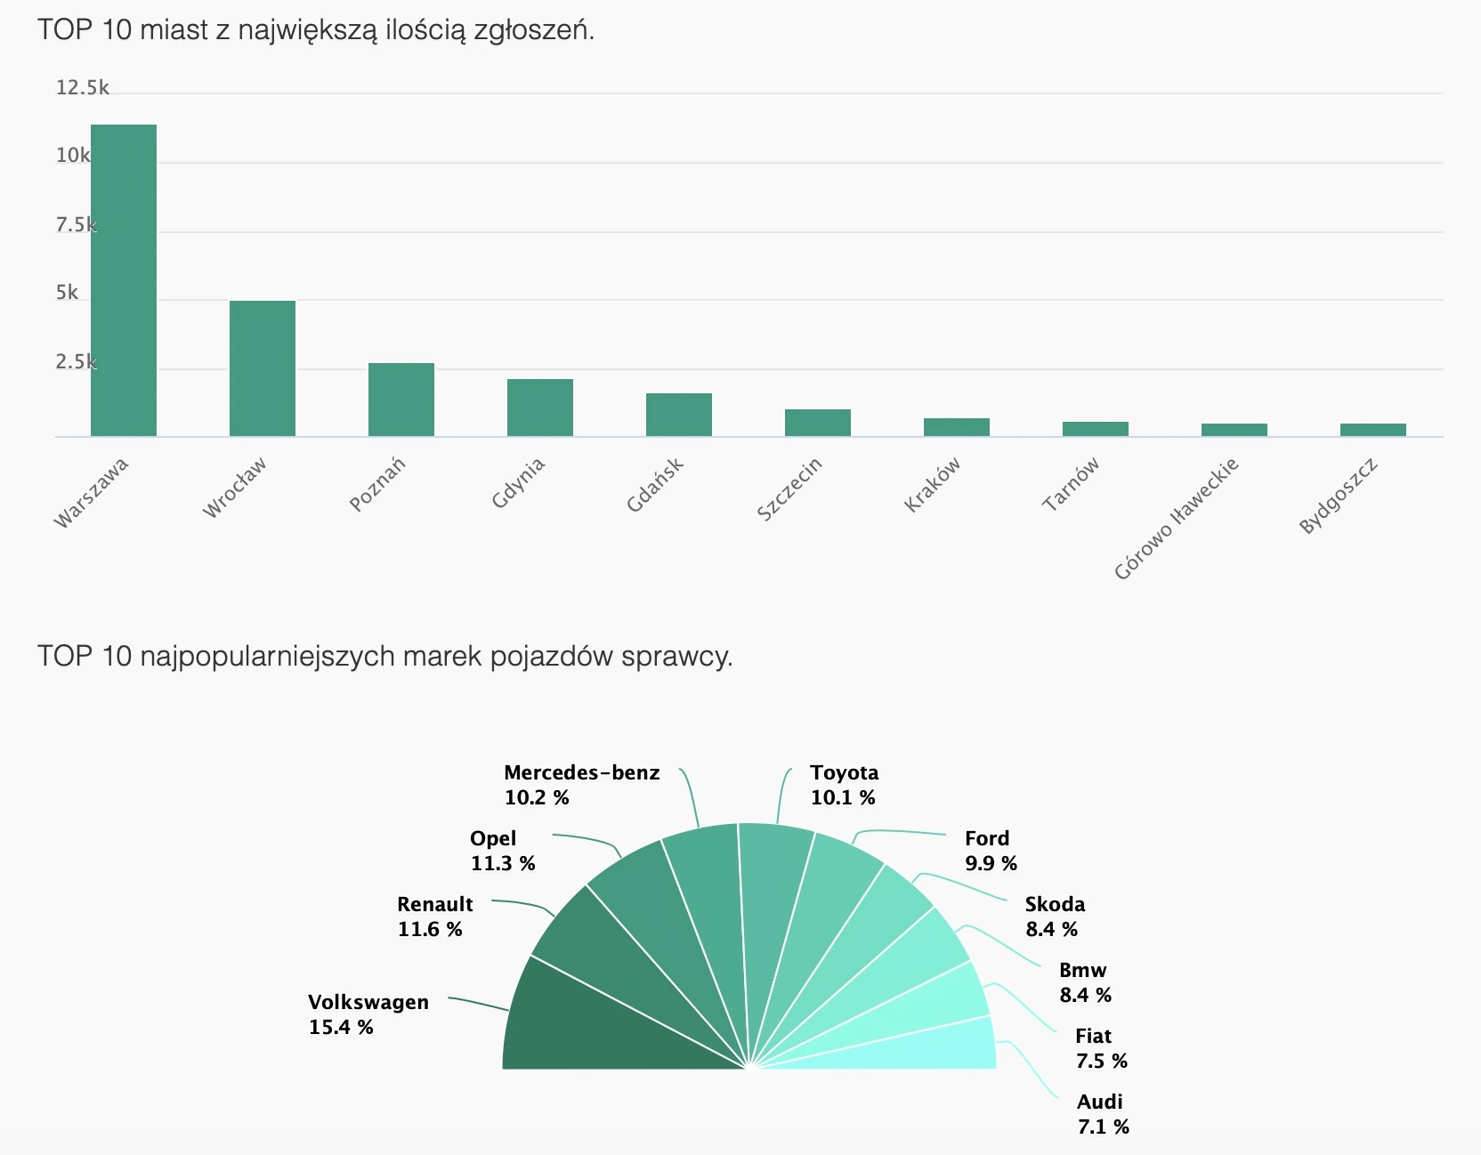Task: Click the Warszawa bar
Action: (x=124, y=280)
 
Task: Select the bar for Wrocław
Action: (x=263, y=368)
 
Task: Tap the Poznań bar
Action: (x=401, y=400)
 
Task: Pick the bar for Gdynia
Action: (x=540, y=408)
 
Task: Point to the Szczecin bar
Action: (x=818, y=423)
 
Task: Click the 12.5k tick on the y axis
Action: (x=82, y=87)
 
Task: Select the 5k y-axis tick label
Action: (x=68, y=293)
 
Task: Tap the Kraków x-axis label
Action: (x=933, y=484)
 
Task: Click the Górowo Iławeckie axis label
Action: (x=1176, y=519)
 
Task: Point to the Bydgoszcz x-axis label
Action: (x=1338, y=496)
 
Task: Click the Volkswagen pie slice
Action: (x=605, y=1023)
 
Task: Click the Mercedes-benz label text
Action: (x=582, y=772)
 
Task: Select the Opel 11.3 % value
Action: (x=503, y=863)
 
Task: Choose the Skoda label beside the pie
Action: (x=1055, y=904)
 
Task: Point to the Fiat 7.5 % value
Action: (x=1101, y=1061)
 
